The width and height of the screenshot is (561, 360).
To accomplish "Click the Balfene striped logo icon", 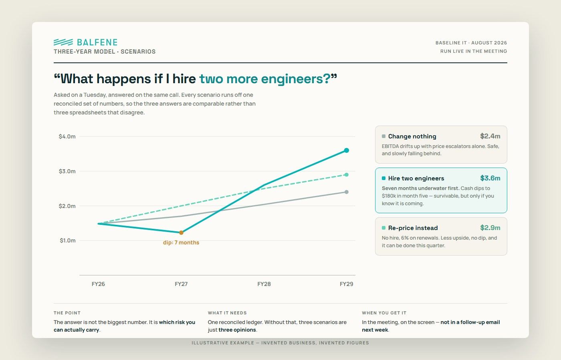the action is click(63, 42).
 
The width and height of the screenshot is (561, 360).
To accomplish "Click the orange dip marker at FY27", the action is click(181, 232).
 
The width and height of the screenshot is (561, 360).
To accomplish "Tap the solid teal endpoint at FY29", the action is click(346, 150).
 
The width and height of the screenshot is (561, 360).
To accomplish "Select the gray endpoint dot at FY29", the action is click(346, 192).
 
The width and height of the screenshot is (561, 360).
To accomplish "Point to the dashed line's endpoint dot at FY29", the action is click(346, 175).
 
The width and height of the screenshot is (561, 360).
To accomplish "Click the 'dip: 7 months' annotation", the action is click(181, 242).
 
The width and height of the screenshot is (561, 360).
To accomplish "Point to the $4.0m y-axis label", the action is click(67, 136).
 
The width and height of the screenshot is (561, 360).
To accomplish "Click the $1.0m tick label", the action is click(68, 240).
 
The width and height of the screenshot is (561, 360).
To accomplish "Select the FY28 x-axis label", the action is click(264, 284).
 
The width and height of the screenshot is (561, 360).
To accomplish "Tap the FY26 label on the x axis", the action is click(98, 284).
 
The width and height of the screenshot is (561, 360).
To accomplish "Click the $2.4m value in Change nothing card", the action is click(490, 136).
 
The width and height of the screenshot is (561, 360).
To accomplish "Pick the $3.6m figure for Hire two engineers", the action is click(490, 178).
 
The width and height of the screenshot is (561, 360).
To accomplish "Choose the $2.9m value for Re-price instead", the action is click(490, 228).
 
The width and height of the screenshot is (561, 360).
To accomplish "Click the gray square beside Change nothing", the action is click(383, 136).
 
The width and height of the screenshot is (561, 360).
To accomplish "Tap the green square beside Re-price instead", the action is click(383, 228).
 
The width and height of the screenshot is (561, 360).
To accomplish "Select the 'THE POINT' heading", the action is click(67, 313).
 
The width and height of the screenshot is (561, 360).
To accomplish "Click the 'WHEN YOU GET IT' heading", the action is click(384, 313).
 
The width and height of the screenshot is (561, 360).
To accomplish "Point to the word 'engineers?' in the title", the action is click(296, 79).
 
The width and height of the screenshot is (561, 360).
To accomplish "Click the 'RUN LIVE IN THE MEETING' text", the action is click(474, 51).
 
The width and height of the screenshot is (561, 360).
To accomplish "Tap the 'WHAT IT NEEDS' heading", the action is click(227, 313).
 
